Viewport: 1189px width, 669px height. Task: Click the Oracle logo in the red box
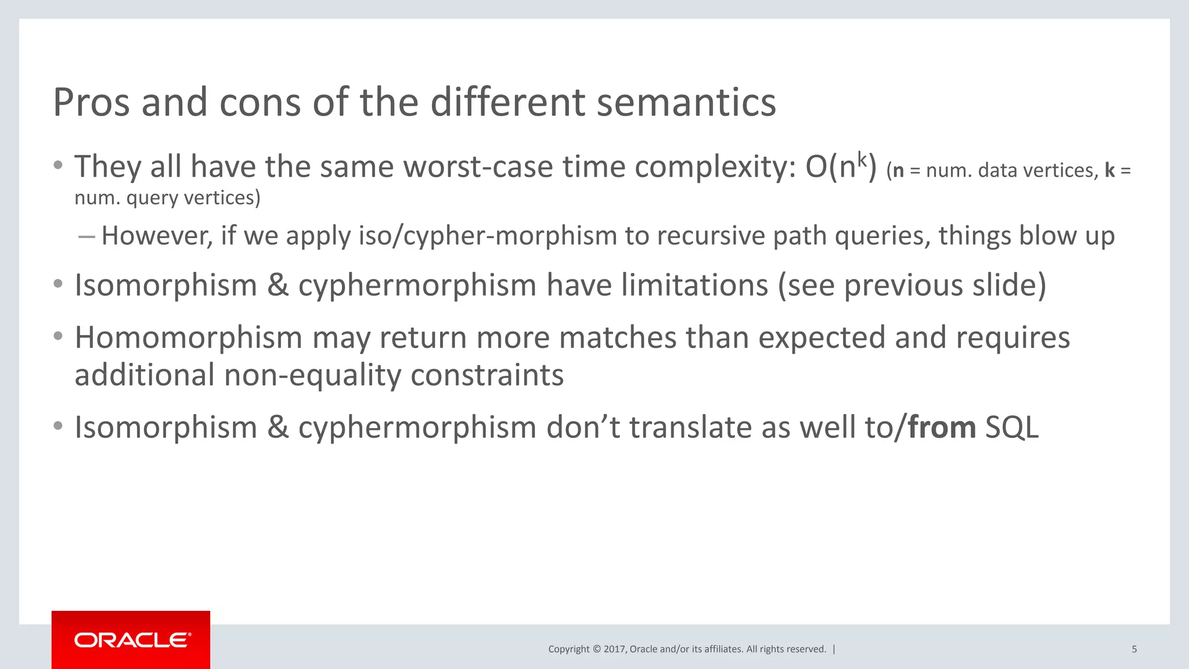point(131,640)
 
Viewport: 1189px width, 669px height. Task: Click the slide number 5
point(1134,649)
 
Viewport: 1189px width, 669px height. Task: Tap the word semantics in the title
point(686,103)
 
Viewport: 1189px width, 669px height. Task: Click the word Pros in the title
point(91,103)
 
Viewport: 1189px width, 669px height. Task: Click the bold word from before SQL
point(942,428)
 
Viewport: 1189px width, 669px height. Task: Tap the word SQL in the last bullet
point(1012,428)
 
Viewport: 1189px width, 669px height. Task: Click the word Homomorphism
point(188,338)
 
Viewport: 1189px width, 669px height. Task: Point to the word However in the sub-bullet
point(157,236)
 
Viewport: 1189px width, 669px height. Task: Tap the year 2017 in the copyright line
point(614,649)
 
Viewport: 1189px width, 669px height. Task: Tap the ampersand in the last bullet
point(278,428)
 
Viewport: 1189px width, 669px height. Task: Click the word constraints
point(487,376)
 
